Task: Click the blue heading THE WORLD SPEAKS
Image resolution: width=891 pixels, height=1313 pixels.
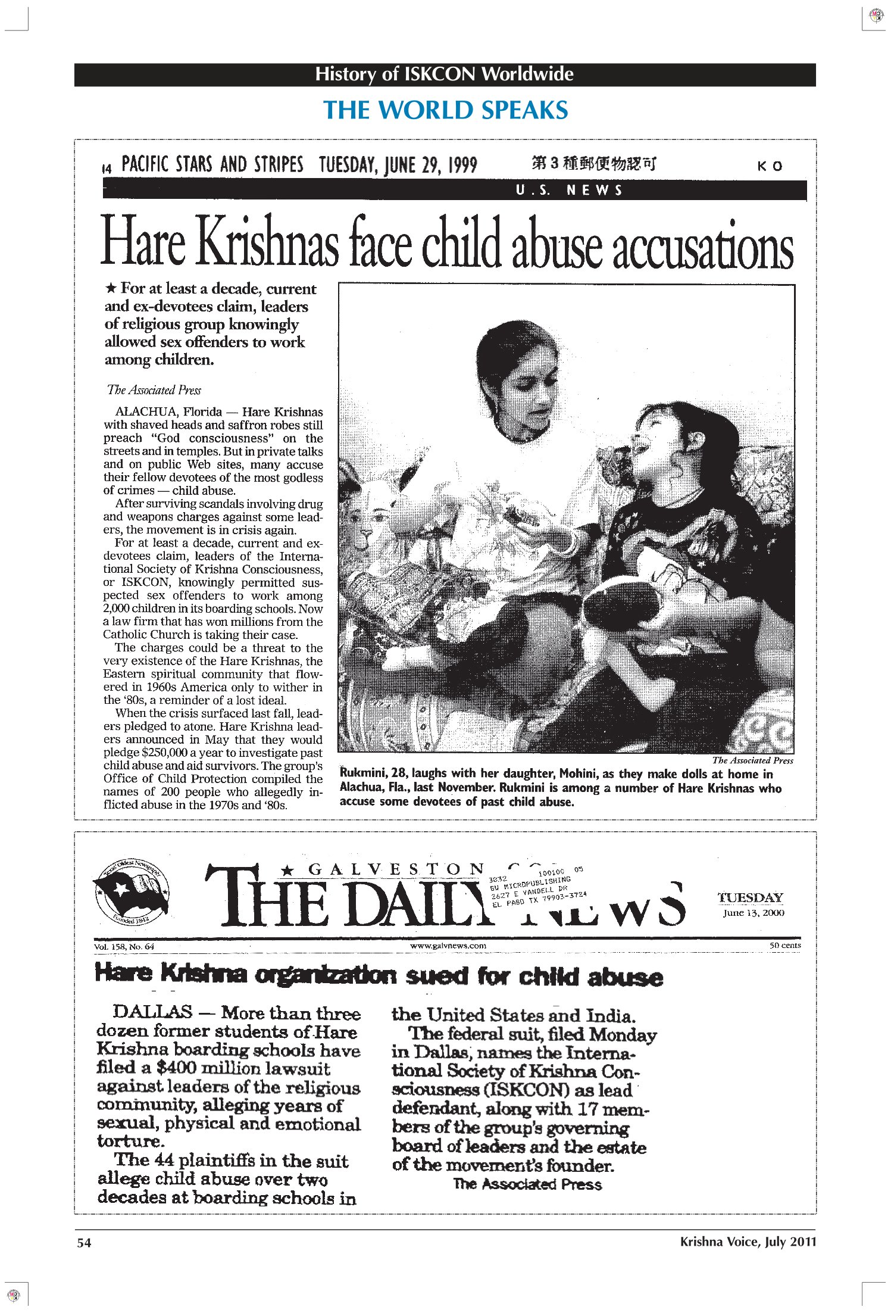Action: tap(445, 111)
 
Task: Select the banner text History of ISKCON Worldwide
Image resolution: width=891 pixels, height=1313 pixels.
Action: tap(444, 74)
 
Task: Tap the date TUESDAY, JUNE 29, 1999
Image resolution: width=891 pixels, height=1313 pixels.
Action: tap(398, 164)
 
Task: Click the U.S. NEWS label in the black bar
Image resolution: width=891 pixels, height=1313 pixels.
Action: tap(568, 191)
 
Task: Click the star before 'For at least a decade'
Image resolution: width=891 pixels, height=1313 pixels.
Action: tap(111, 289)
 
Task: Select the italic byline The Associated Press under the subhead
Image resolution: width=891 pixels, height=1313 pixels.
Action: tap(154, 390)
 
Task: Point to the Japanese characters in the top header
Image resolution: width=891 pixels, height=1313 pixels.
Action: tap(593, 163)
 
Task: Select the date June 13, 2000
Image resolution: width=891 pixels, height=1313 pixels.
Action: tap(754, 913)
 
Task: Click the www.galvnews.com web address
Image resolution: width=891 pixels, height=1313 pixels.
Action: tap(448, 945)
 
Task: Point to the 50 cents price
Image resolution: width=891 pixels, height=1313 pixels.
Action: tap(784, 945)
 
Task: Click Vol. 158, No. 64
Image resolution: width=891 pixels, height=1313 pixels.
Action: tap(124, 946)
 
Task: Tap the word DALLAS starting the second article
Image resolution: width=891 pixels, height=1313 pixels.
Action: tap(152, 1012)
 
